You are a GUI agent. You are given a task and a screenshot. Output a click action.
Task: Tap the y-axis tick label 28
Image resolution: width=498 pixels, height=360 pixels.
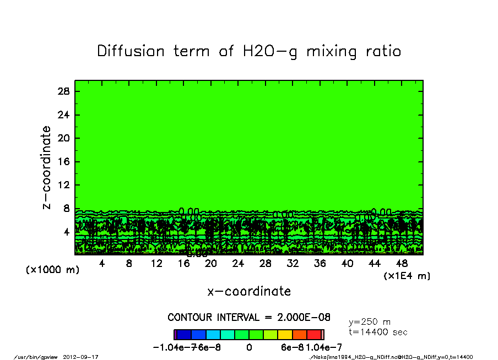point(64,91)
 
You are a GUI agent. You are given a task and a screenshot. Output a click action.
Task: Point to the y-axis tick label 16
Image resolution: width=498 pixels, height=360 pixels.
point(64,162)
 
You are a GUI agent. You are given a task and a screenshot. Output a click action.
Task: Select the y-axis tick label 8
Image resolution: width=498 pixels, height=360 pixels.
point(67,209)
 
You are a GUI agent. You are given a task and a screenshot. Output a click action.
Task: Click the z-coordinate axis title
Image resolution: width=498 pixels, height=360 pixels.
point(47,167)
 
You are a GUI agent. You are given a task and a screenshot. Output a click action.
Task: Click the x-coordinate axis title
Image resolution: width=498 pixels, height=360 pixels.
point(249,291)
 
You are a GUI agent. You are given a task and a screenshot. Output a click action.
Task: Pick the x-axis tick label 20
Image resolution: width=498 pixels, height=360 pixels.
point(211,264)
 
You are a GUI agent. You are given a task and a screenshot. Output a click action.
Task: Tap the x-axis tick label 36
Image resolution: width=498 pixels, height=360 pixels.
point(320,264)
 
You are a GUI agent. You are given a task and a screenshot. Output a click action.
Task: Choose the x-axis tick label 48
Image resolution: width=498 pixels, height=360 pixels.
point(402,264)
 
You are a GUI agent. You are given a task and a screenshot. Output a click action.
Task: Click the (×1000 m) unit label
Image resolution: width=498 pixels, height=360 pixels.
point(50,270)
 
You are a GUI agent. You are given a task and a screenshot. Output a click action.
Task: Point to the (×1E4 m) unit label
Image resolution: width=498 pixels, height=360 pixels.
point(407,275)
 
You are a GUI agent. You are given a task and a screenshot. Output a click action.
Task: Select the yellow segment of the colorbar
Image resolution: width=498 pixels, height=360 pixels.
point(285,334)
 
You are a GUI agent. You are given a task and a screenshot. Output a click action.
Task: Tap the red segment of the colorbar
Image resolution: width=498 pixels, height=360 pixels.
point(313,334)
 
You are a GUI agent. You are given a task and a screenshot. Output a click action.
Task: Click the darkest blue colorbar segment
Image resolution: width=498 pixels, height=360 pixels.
point(183,334)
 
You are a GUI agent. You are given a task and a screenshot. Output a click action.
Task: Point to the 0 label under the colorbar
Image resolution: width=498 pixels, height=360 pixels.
point(249,347)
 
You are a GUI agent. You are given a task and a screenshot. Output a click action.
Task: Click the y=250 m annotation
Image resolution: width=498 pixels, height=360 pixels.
point(370,321)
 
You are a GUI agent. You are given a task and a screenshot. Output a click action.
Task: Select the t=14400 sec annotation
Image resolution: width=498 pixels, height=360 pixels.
point(378,332)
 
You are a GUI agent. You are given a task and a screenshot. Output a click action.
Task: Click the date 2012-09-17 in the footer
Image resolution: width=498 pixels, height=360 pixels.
point(85,357)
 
